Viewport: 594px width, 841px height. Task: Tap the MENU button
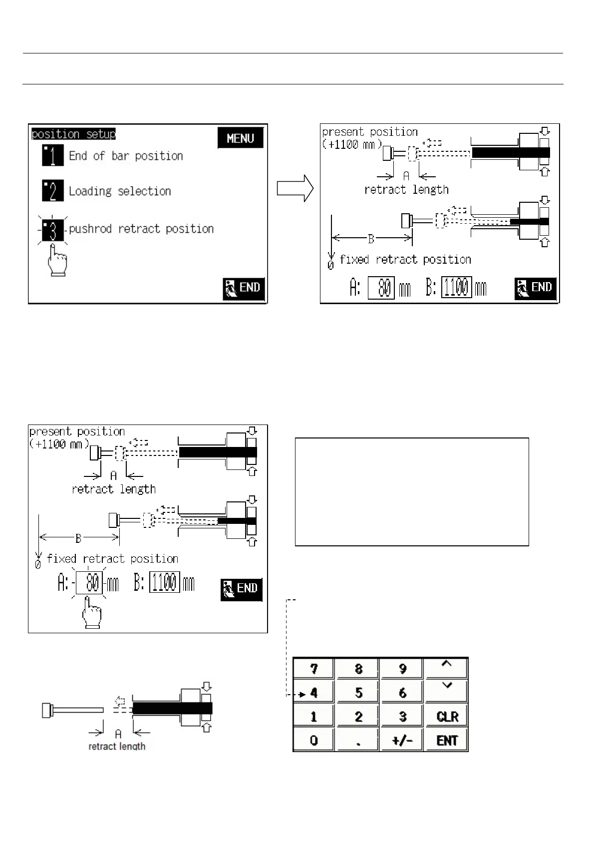pos(240,138)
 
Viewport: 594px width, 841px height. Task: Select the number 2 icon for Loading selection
pos(52,191)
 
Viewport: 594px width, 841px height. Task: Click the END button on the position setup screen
pos(243,288)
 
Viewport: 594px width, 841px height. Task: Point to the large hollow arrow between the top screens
pos(295,189)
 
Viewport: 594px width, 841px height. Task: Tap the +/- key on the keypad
pos(402,740)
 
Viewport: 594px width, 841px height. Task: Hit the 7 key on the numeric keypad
pos(314,668)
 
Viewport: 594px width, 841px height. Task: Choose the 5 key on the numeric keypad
pos(358,692)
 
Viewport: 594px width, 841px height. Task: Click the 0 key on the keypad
pos(314,740)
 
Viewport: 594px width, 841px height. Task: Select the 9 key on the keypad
pos(402,668)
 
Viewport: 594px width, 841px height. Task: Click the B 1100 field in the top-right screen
pos(456,288)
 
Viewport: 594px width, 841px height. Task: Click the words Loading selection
pos(120,191)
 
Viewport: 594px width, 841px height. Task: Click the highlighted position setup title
pos(73,134)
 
